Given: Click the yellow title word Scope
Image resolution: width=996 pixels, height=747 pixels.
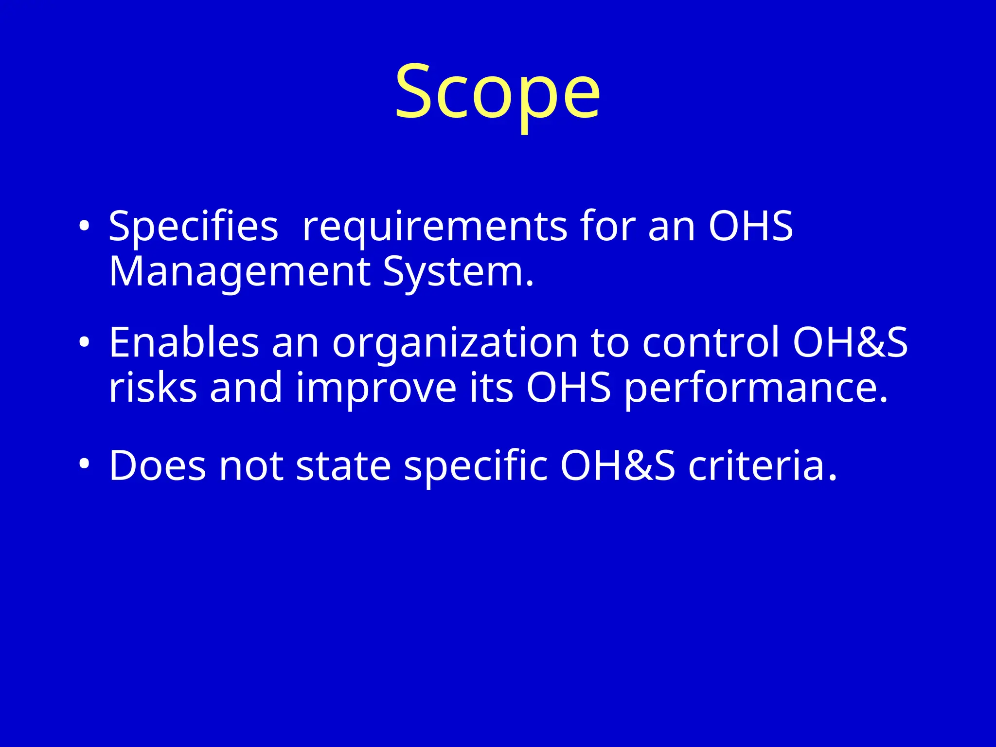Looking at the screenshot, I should click(497, 92).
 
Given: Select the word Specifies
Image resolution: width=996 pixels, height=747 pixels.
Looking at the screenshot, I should click(193, 226).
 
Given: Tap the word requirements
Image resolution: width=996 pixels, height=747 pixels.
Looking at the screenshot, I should click(434, 226).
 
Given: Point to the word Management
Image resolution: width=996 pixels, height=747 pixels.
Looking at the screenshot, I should click(239, 272).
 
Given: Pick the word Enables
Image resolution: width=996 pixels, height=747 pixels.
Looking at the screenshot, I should click(183, 342).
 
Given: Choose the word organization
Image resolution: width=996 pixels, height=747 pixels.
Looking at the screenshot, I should click(455, 343).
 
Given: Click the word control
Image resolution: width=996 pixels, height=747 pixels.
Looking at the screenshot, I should click(711, 342).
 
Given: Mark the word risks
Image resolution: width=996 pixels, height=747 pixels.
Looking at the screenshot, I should click(153, 388).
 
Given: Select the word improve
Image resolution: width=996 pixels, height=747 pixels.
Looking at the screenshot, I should click(376, 389).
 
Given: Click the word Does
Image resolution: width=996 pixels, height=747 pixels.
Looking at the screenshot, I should click(157, 466).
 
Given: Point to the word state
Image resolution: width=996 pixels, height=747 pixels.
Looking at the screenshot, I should click(343, 466).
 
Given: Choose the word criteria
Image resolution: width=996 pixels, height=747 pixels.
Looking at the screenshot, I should click(762, 466).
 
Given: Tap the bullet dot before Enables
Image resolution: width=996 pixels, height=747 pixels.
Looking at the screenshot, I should click(84, 342).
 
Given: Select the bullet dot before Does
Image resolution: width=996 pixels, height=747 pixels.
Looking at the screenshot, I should click(84, 465).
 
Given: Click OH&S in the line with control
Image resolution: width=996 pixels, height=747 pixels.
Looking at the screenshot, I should click(850, 342).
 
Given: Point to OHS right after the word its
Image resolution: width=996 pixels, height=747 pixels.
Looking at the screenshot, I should click(568, 388).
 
